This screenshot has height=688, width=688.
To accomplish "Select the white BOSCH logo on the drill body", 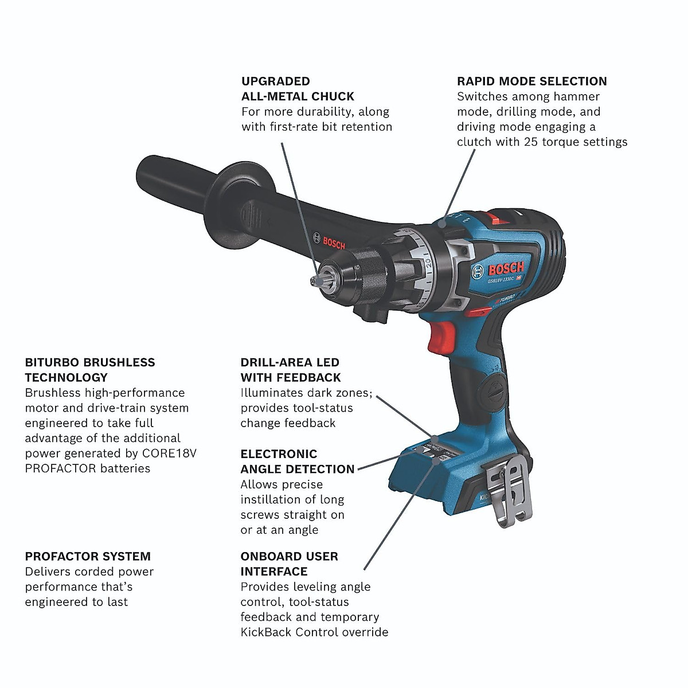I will (506, 269).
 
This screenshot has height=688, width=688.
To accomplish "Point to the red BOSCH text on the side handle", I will (334, 243).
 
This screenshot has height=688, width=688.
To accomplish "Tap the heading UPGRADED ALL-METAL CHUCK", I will (298, 89).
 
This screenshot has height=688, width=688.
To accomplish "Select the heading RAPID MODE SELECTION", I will (531, 81).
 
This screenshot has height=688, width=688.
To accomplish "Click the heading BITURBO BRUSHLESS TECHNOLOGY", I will (90, 370).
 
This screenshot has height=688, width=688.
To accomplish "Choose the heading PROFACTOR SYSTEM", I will (88, 556).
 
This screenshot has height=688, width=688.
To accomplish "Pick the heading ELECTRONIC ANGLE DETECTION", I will (297, 462).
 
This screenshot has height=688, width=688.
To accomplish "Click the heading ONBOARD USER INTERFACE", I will (289, 564).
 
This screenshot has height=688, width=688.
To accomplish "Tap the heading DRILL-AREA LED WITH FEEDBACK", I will (290, 370).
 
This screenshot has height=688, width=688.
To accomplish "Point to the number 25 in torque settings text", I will (531, 142).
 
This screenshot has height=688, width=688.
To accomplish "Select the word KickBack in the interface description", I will (267, 632).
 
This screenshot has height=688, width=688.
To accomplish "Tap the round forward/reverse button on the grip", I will (492, 382).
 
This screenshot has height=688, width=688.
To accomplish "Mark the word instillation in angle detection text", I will (277, 499).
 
